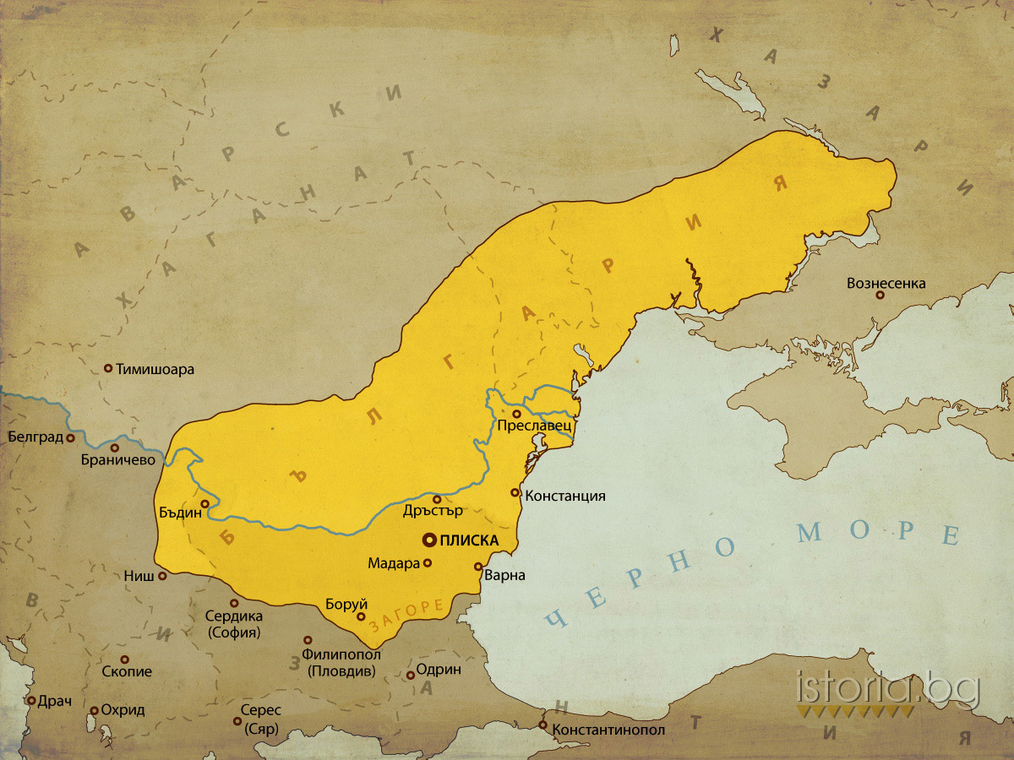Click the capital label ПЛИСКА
[466, 540]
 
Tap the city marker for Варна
[478, 567]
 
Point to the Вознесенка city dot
[880, 296]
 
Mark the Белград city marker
[71, 438]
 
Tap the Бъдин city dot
[204, 504]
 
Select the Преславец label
[535, 426]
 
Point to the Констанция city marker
[515, 492]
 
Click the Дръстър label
[433, 512]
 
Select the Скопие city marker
[125, 660]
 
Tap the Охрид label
[123, 710]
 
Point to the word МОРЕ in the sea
[879, 532]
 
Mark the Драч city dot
[31, 701]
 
